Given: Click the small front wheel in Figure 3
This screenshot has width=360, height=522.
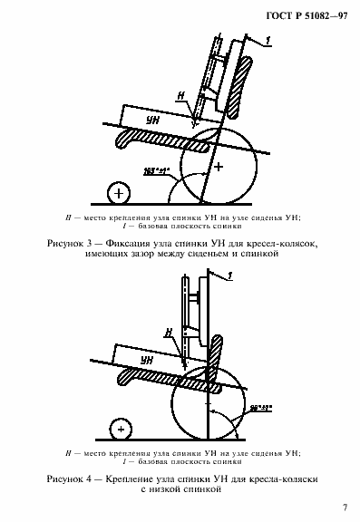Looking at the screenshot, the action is point(117,193).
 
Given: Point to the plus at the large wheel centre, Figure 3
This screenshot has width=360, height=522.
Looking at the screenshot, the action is point(217,168).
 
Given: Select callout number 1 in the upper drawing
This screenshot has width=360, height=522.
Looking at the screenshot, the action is point(268,39).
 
